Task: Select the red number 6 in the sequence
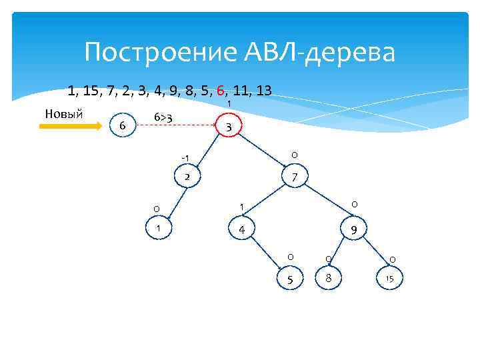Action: (220, 91)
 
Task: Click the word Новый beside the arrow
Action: (63, 113)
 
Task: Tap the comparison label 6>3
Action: (163, 117)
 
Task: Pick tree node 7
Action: (293, 177)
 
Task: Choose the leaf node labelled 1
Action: (158, 229)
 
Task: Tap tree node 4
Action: (242, 229)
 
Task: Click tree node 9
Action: (353, 229)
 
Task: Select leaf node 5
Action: (289, 278)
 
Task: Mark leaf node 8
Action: (327, 277)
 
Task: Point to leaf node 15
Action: (390, 278)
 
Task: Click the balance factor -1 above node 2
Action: (185, 158)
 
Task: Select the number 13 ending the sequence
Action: (262, 91)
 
